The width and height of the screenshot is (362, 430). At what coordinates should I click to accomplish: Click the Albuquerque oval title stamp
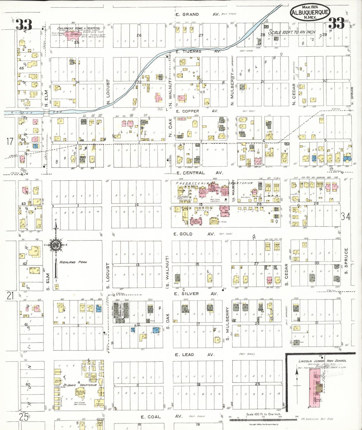[x=310, y=12]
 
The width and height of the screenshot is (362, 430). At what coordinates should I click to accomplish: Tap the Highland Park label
[x=73, y=262]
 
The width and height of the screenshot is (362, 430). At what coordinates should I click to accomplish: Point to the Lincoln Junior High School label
[x=322, y=361]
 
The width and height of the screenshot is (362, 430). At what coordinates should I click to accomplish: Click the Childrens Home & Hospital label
[x=79, y=28]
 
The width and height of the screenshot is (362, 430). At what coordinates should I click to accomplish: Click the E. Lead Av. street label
[x=194, y=355]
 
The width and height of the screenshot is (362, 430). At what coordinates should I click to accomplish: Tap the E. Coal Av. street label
[x=161, y=417]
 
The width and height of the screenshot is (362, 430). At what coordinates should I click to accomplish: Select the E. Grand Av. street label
[x=197, y=15]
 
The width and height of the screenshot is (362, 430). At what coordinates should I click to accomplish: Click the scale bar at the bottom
[x=263, y=419]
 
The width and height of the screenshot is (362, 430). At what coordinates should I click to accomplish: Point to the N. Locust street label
[x=108, y=92]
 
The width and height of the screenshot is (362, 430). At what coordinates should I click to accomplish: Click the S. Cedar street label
[x=287, y=275]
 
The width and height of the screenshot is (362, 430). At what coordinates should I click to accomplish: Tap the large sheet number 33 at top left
[x=24, y=25]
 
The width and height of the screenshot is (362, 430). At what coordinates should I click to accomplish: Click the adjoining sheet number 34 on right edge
[x=345, y=216]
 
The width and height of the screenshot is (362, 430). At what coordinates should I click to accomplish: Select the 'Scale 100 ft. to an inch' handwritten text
[x=292, y=32]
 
